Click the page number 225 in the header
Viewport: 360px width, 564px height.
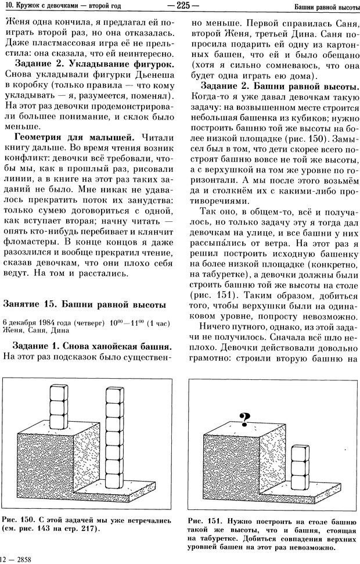(183, 6)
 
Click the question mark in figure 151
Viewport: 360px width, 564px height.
(244, 417)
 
